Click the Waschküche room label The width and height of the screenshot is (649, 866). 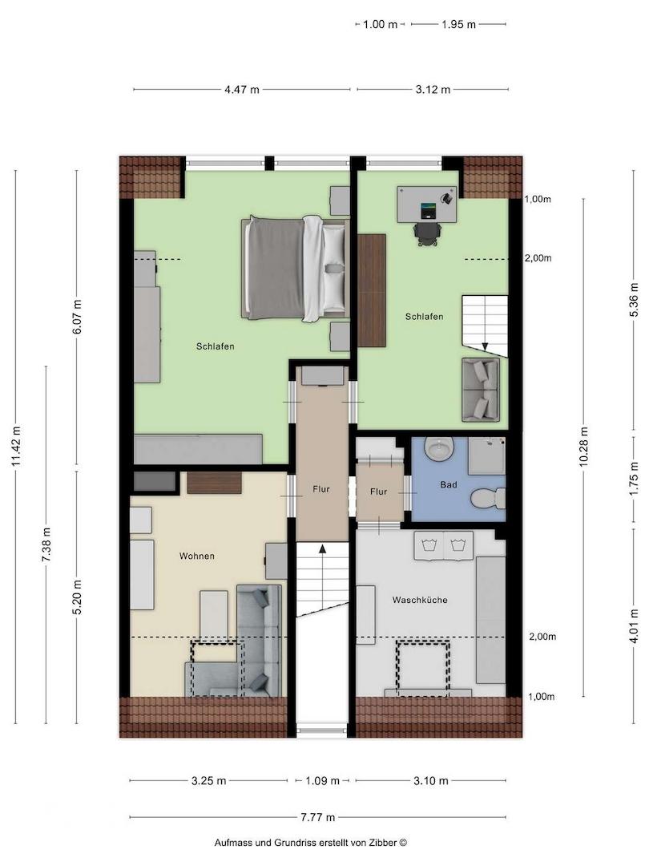(419, 600)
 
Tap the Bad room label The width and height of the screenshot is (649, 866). (448, 485)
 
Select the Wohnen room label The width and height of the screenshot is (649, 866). (196, 556)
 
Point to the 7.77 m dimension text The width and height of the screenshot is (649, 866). (318, 817)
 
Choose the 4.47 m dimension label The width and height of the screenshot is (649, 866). (242, 90)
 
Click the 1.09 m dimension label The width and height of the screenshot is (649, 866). (322, 780)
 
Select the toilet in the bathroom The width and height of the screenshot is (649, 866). (489, 498)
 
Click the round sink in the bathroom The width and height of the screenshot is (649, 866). (439, 448)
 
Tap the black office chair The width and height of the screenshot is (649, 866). (427, 233)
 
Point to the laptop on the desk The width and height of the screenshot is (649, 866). (428, 210)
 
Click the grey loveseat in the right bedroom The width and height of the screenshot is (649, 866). (480, 390)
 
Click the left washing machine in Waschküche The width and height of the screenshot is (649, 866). (429, 545)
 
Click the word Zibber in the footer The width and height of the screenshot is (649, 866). (384, 843)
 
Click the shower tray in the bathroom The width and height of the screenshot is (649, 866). (487, 455)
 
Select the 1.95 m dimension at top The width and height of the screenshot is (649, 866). (458, 24)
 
